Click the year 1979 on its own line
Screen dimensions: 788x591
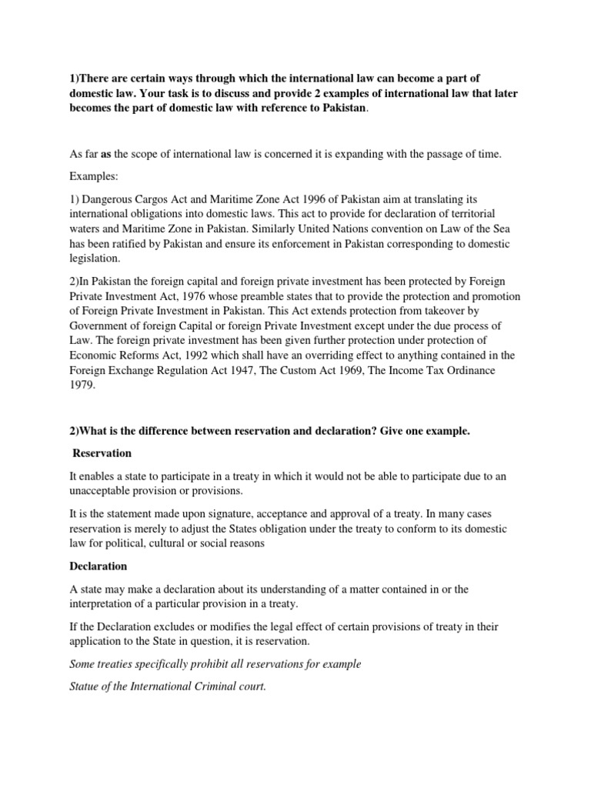(79, 385)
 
